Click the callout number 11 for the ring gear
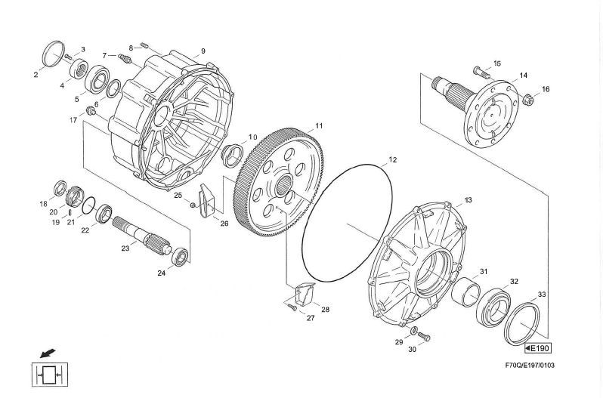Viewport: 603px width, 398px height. [x=319, y=125]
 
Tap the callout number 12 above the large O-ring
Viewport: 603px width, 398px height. [x=392, y=160]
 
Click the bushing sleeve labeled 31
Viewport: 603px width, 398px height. [x=465, y=290]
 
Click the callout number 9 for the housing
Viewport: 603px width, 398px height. [x=203, y=51]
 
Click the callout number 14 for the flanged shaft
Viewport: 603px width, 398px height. [x=523, y=76]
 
